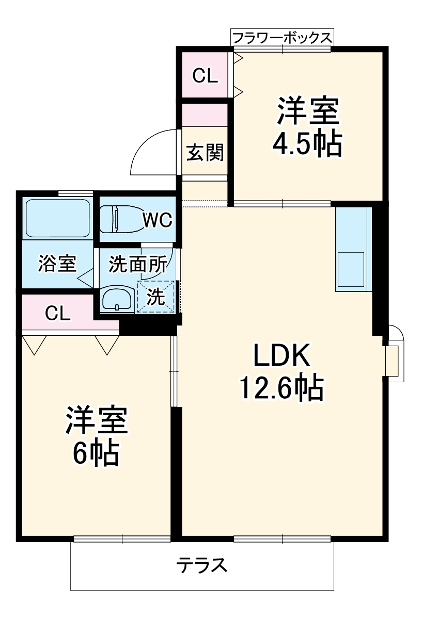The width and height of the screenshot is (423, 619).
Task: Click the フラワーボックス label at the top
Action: (x=281, y=38)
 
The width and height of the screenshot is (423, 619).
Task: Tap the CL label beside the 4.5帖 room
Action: (x=205, y=76)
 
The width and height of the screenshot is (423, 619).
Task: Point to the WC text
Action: (x=157, y=220)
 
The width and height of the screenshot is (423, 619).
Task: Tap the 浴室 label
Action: (x=57, y=264)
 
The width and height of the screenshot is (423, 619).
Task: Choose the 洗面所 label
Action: (x=137, y=264)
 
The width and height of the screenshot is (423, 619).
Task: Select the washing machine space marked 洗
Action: (x=156, y=297)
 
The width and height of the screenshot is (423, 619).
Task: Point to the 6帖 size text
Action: (x=96, y=453)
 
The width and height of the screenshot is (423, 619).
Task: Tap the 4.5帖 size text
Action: (x=307, y=145)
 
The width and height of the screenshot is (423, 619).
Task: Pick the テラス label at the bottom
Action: (x=202, y=566)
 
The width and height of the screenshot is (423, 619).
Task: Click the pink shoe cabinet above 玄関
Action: (x=205, y=115)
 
